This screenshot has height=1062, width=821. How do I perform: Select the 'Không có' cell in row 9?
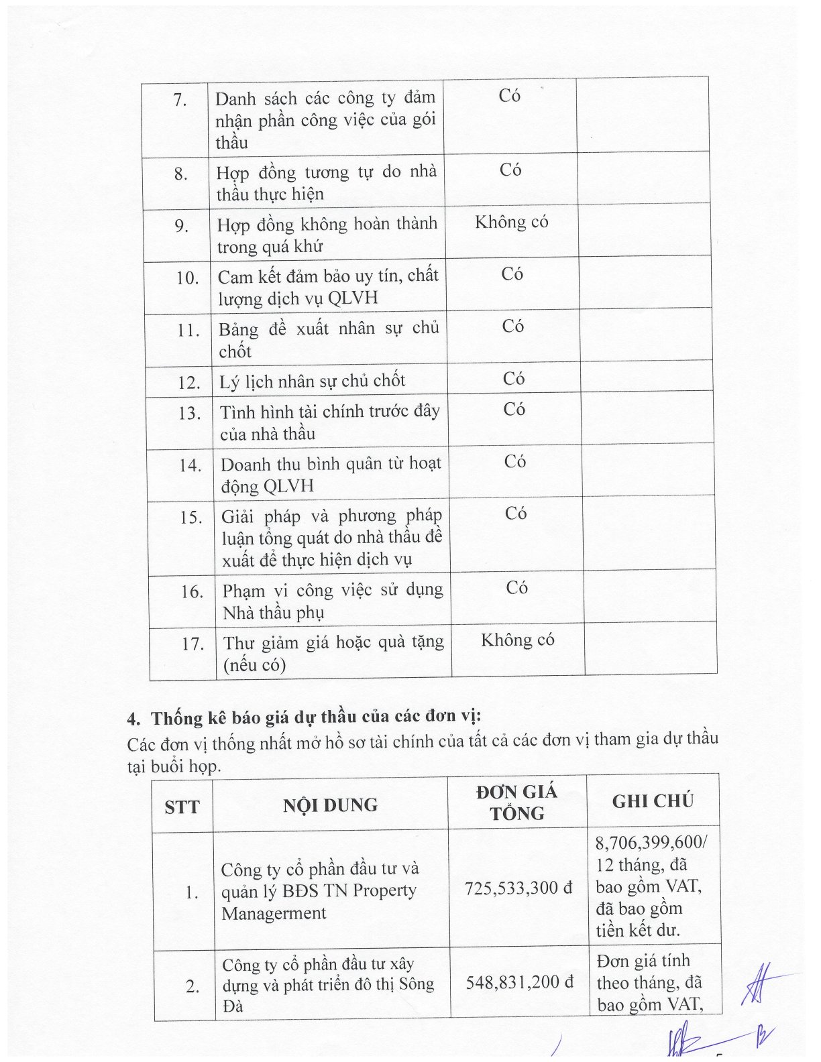512,223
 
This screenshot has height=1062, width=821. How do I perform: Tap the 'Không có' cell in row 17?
517,640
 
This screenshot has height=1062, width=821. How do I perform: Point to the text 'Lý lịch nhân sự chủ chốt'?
313,381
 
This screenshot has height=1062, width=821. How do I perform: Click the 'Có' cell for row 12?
514,379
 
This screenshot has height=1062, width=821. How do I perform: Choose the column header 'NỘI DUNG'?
330,805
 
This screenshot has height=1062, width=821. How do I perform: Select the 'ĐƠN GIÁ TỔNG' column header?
516,803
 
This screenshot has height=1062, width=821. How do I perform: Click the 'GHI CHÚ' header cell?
653,801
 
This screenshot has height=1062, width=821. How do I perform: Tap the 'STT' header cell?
182,807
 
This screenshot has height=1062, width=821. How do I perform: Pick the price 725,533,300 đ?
518,889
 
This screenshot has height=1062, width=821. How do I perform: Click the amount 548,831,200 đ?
520,983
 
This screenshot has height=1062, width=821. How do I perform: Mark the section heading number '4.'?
134,719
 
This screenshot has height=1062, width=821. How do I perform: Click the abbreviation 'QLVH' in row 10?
353,298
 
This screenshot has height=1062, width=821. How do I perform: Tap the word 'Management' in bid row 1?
274,914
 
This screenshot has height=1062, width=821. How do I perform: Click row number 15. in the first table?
191,518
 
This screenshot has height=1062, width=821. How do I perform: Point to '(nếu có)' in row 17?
255,665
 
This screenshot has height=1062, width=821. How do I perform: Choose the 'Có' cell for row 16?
516,588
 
